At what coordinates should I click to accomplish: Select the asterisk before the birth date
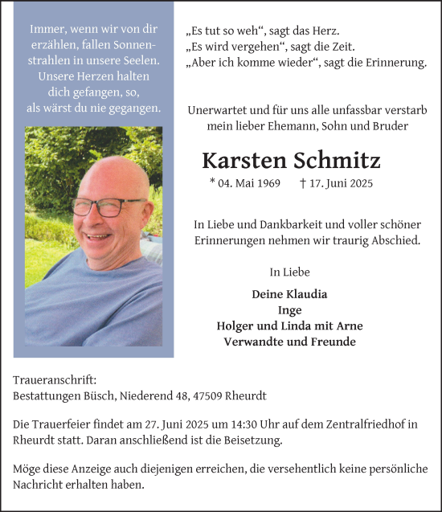[x=212, y=182]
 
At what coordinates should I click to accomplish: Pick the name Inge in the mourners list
[x=290, y=310]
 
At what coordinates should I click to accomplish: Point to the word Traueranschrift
[x=55, y=379]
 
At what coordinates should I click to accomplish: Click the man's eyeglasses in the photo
[x=109, y=207]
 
